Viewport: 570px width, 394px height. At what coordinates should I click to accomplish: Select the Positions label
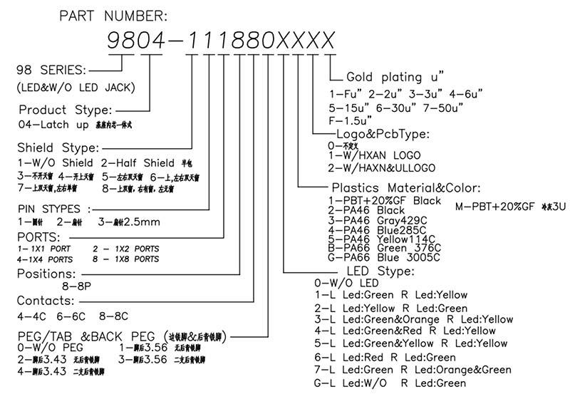(x=46, y=274)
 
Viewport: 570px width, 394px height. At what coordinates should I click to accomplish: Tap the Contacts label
(x=45, y=300)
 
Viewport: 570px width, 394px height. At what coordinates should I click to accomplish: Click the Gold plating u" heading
(x=395, y=76)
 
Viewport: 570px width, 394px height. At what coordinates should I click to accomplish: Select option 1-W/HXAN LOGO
(x=373, y=155)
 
